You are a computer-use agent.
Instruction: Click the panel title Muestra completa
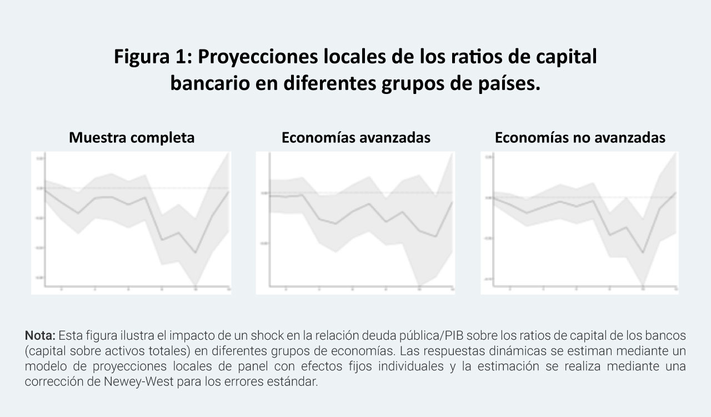point(132,138)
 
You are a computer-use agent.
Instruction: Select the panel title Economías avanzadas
point(355,138)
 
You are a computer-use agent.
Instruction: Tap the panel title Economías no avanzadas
point(580,138)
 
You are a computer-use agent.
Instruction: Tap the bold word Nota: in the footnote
point(40,336)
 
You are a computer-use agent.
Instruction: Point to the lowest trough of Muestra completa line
point(195,253)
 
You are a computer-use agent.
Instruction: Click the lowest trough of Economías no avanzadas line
point(643,253)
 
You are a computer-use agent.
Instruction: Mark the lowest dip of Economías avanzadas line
point(437,236)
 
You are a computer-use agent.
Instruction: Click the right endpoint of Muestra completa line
point(228,192)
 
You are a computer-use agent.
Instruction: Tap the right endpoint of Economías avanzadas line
point(453,202)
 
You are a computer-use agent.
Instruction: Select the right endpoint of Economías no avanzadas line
point(675,193)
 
